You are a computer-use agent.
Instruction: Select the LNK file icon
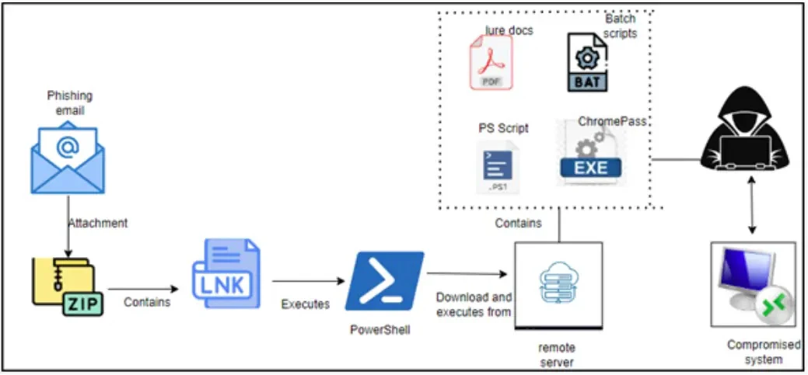[226, 275]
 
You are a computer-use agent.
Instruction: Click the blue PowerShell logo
[385, 280]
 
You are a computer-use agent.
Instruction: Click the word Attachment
[97, 223]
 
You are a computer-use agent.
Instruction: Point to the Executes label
[306, 304]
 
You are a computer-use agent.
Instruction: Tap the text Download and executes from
[474, 304]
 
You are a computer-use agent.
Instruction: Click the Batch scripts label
[621, 25]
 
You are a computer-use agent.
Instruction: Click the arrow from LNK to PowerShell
[308, 280]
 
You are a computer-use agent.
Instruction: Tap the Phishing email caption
[69, 102]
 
